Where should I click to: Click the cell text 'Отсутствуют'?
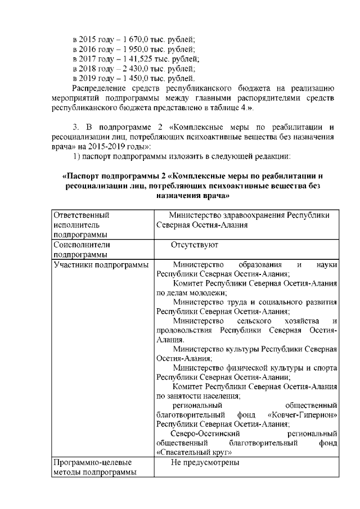pyautogui.click(x=195, y=245)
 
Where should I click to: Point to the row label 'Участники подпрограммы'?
pyautogui.click(x=100, y=264)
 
